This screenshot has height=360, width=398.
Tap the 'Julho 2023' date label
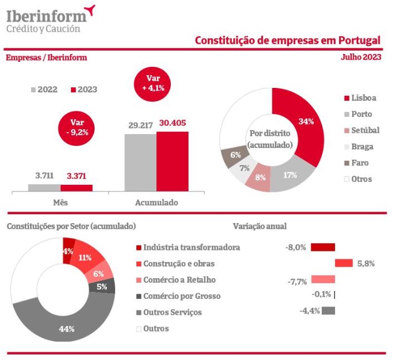tap(361, 57)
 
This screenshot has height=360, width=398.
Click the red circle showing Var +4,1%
tap(153, 83)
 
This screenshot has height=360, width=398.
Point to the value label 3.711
tap(44, 176)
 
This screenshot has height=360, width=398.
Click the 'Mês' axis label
tap(60, 203)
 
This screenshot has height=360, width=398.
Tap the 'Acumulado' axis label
tap(156, 203)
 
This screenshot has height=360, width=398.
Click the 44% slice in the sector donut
tap(66, 328)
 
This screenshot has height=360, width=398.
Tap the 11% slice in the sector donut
tap(85, 257)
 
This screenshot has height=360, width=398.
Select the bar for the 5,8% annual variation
tap(344, 263)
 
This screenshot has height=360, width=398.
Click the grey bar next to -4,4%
tap(328, 310)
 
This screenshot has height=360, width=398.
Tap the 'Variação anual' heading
tap(259, 226)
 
